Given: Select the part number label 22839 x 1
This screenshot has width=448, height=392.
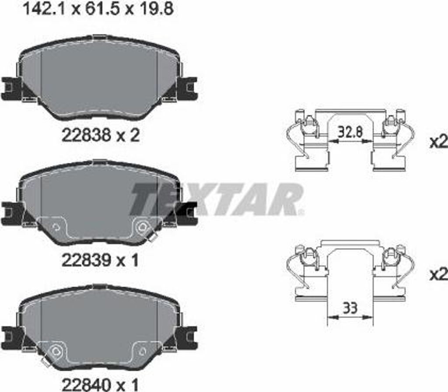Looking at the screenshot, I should [100, 261].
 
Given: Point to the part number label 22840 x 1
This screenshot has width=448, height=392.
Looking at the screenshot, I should [100, 385].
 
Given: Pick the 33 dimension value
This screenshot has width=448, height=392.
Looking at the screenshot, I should [350, 308].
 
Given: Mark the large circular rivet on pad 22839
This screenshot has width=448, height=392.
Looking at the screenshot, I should [143, 226].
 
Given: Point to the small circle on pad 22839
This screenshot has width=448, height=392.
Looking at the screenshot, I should [56, 227].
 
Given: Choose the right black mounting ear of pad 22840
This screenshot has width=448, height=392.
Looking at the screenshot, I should [189, 336].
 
